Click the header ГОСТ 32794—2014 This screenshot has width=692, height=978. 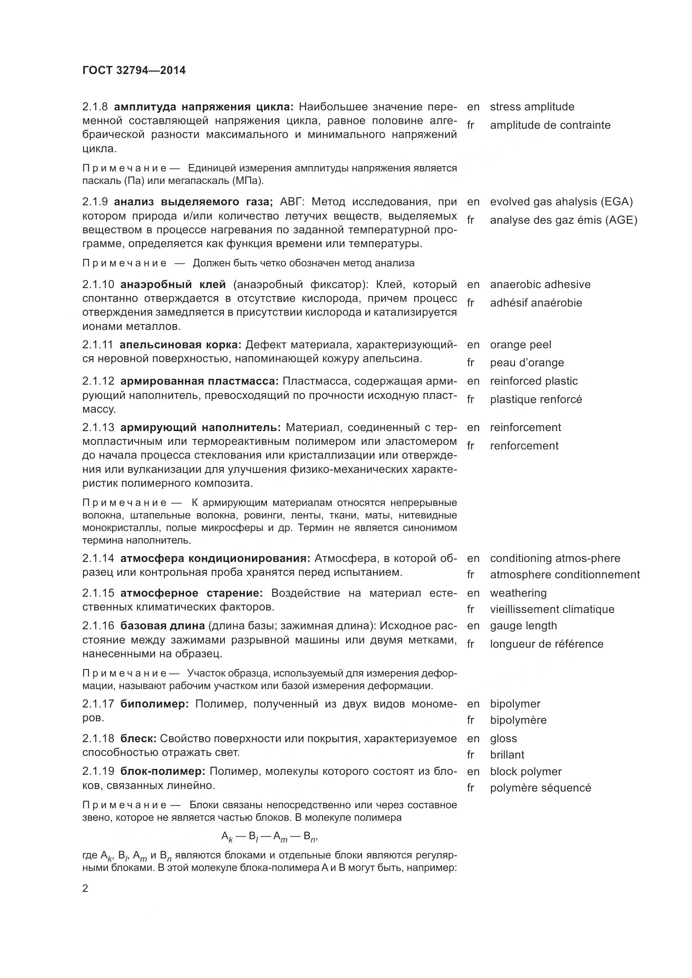[134, 70]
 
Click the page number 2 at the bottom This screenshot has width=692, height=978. [85, 889]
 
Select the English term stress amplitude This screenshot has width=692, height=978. [532, 107]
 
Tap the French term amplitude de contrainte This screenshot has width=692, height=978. [550, 125]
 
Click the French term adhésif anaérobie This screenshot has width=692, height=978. [536, 303]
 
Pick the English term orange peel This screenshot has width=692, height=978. [520, 345]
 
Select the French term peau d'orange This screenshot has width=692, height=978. [527, 363]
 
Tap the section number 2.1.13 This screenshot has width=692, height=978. [98, 427]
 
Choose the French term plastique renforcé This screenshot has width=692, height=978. [536, 400]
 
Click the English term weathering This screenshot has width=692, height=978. [518, 593]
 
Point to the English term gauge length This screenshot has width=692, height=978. [523, 626]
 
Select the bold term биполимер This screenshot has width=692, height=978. [154, 704]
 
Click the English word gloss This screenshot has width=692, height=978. [503, 738]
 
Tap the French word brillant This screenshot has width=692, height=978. [507, 755]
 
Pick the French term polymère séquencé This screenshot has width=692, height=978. [540, 788]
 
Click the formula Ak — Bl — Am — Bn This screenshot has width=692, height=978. [270, 837]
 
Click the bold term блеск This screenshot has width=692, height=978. [138, 738]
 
